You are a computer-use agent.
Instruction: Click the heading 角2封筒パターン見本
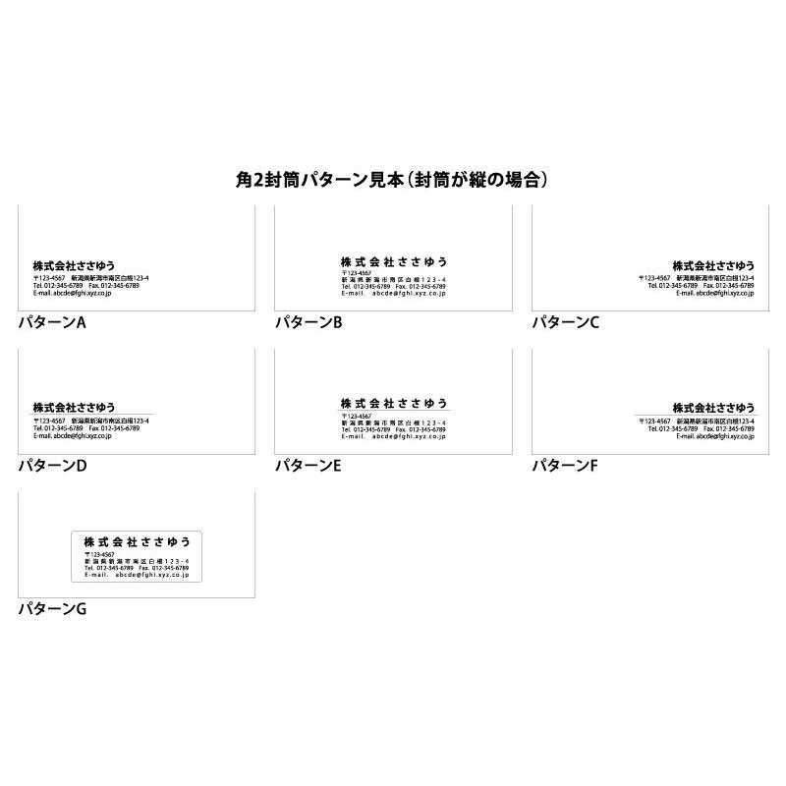tap(392, 180)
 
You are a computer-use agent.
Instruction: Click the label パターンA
tap(52, 322)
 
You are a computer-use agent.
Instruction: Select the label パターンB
tap(309, 322)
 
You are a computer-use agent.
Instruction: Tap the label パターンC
tap(565, 322)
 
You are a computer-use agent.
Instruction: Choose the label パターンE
tap(309, 466)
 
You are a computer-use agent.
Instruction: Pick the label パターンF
tap(565, 466)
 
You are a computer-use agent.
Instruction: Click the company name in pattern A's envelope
tap(74, 265)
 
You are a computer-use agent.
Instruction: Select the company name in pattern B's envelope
tap(393, 261)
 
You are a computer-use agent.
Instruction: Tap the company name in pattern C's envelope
tap(713, 265)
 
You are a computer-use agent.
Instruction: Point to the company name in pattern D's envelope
tap(74, 408)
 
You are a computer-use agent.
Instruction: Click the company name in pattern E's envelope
tap(393, 404)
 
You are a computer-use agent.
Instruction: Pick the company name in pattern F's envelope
tap(713, 408)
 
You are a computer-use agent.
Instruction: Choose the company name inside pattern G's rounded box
tap(137, 542)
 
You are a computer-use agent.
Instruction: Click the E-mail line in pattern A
tap(72, 293)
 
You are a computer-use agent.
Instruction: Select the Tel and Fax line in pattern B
tap(393, 286)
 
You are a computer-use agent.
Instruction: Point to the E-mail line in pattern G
tap(137, 575)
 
